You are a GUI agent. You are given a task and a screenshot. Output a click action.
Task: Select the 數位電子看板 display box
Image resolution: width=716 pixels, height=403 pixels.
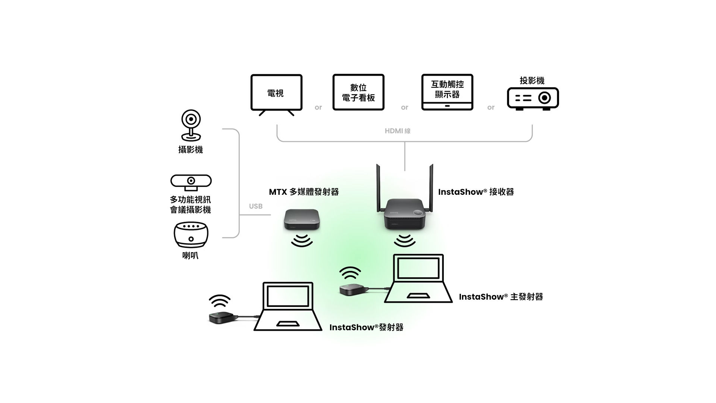coord(358,92)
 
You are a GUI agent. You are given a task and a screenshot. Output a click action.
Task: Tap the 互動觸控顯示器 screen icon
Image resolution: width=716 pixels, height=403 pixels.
coord(447,92)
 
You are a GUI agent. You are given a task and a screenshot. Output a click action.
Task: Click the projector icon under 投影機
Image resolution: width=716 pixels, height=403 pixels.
coord(533,99)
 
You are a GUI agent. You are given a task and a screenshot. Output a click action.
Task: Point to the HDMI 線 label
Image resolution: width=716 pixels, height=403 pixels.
coord(398,131)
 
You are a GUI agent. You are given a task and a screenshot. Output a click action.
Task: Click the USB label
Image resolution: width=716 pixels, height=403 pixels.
coord(255,206)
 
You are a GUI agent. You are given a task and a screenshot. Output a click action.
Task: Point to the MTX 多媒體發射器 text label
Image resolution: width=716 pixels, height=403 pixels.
coord(304,192)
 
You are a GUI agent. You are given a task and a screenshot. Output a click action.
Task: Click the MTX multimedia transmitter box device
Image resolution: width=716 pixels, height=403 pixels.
coord(302,219)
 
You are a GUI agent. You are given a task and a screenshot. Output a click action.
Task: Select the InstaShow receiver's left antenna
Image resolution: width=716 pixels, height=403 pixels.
coord(378,187)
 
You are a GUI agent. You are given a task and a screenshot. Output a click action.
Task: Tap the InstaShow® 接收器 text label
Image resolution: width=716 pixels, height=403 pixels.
coord(476,192)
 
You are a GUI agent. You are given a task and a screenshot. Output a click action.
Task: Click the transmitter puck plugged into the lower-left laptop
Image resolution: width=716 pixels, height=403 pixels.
coord(223,318)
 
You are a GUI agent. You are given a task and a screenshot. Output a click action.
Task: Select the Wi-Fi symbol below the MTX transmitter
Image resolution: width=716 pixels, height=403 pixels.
coord(302,241)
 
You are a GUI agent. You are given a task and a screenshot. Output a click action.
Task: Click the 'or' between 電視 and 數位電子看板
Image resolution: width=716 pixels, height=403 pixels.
coord(318,107)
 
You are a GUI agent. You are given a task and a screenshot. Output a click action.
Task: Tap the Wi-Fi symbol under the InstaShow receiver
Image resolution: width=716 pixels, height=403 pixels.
coord(405,241)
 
